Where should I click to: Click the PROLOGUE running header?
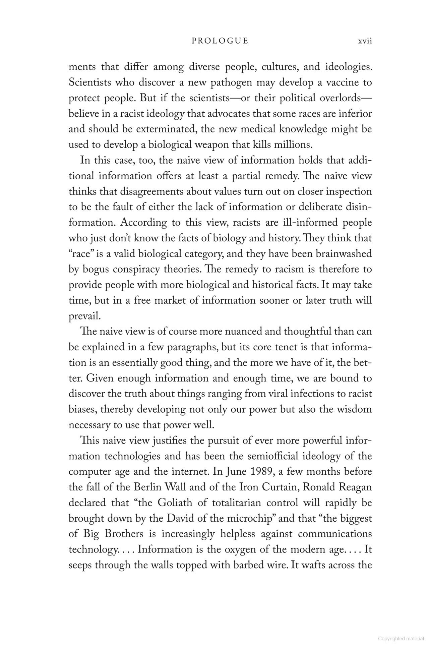220,41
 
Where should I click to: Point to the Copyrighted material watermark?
401,639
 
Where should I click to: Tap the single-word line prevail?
84,316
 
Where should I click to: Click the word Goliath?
175,503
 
